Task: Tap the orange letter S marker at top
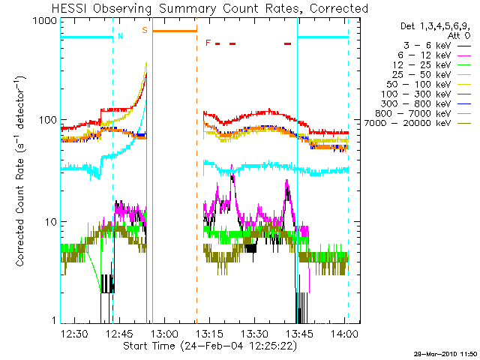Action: tap(145, 31)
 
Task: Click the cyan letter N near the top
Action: tap(120, 35)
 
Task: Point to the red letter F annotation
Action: tap(208, 42)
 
